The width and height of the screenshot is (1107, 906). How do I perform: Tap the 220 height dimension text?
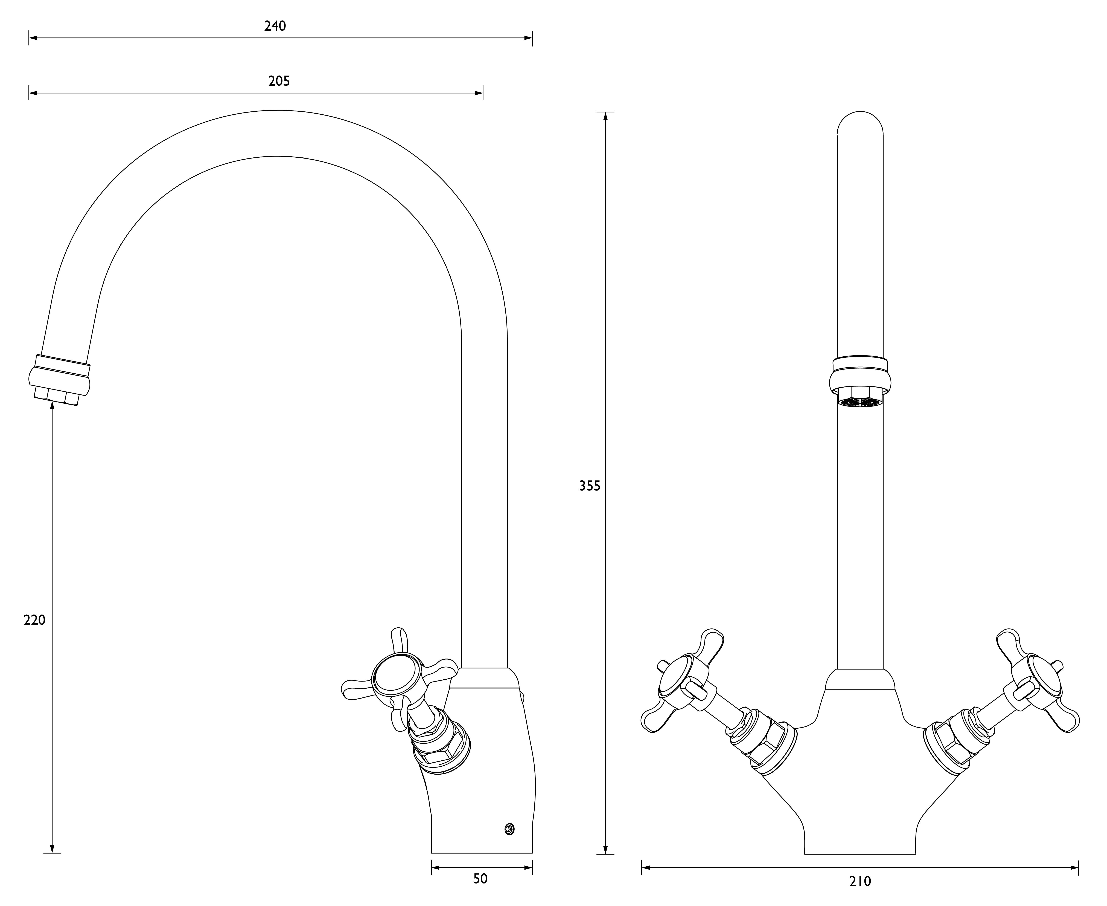pos(34,620)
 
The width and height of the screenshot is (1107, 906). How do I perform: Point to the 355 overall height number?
pos(590,486)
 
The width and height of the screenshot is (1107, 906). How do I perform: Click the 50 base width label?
pos(480,879)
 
